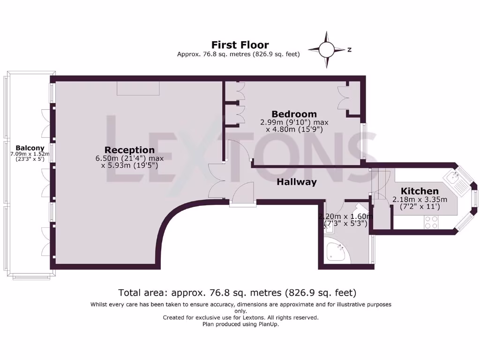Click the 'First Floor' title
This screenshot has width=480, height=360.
(x=240, y=45)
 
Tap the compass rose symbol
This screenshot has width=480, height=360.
(x=327, y=49)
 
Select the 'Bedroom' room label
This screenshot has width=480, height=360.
(x=294, y=114)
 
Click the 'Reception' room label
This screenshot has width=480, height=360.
(x=129, y=150)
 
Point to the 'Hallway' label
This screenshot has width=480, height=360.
(x=296, y=182)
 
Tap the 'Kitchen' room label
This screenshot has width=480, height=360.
(x=420, y=191)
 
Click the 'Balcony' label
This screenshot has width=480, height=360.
(x=30, y=148)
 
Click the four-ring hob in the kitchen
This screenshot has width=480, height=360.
(x=431, y=222)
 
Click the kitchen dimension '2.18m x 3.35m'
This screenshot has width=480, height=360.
(x=420, y=199)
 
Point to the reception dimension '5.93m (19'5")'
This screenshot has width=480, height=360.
(x=133, y=165)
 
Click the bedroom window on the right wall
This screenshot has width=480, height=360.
(x=364, y=140)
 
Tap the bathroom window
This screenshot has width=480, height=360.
(x=372, y=249)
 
